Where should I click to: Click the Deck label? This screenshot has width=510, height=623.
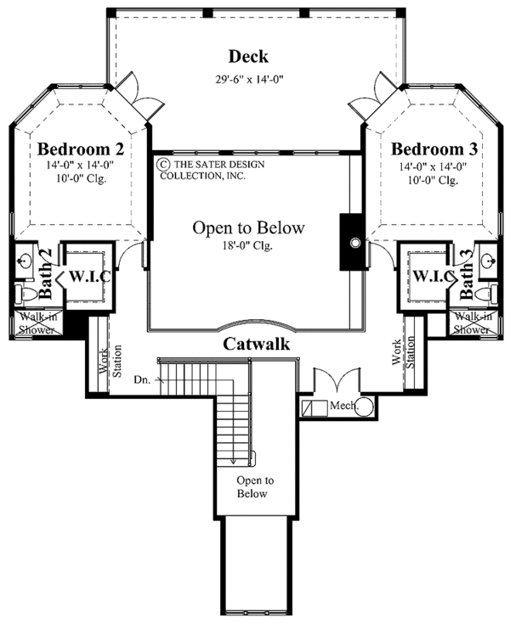coord(248,57)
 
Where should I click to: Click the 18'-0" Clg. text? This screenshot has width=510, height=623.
coord(248,246)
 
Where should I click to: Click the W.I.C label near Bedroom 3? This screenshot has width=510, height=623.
coord(428,276)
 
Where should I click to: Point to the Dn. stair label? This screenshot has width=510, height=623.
coord(143,380)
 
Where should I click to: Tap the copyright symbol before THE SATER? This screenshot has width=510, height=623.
coord(161,165)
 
